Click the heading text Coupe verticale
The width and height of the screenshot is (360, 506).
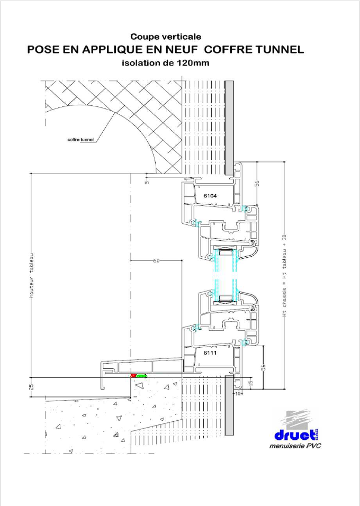(x=166, y=37)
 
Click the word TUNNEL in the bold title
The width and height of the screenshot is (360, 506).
(x=276, y=50)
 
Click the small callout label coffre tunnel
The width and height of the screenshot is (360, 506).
(x=80, y=140)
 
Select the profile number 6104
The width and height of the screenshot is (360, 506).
(x=210, y=195)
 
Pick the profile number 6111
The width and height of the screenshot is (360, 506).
(x=210, y=353)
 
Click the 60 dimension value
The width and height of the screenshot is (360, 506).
(x=156, y=261)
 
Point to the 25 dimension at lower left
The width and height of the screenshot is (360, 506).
(x=31, y=386)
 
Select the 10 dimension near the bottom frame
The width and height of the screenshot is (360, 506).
(x=237, y=393)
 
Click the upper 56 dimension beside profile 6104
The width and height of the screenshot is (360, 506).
(x=257, y=183)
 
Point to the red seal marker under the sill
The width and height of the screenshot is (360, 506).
(x=133, y=376)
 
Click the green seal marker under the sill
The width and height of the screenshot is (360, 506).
(x=141, y=376)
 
